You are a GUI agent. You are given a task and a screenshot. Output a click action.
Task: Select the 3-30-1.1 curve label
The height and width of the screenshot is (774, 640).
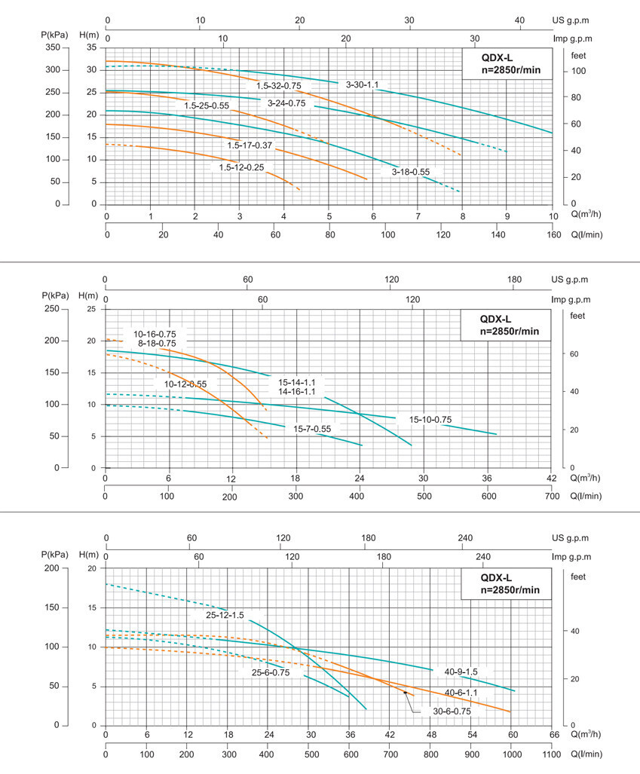(x=363, y=84)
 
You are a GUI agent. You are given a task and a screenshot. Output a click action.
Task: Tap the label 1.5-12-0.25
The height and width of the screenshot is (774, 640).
(x=241, y=167)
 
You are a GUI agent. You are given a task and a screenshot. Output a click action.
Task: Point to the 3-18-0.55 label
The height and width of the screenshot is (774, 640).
(x=411, y=172)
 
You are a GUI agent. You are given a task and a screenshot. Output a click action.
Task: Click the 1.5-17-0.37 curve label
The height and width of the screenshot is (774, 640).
(x=250, y=145)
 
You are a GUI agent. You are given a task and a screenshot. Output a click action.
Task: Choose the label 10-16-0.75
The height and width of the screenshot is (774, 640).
(x=155, y=334)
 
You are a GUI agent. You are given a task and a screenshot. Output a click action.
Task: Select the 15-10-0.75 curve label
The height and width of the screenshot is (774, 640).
(x=430, y=420)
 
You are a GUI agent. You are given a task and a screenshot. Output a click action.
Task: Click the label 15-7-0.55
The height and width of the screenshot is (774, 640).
(x=312, y=429)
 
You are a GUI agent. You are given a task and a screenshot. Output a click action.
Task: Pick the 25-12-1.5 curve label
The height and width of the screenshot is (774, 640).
(x=225, y=616)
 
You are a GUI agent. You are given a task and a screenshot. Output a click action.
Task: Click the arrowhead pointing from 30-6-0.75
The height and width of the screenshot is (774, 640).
(x=405, y=692)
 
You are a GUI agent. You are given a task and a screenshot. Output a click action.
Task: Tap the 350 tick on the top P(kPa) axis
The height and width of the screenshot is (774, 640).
(x=51, y=47)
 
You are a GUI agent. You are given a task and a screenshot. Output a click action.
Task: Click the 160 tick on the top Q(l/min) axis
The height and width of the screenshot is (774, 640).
(x=553, y=234)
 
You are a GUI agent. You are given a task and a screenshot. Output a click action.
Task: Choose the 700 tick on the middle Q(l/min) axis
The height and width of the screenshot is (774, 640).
(x=552, y=496)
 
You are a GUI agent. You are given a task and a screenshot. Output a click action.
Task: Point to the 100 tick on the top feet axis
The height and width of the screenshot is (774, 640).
(x=577, y=71)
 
